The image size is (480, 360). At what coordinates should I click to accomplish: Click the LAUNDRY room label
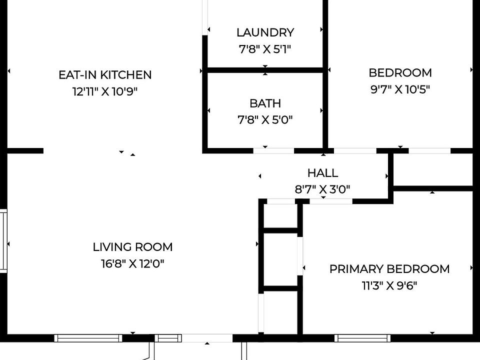pyautogui.click(x=265, y=32)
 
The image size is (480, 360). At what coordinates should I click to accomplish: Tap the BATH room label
pyautogui.click(x=265, y=103)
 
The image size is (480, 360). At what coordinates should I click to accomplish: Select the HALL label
pyautogui.click(x=322, y=173)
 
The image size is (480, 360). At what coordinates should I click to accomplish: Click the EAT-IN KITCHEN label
pyautogui.click(x=105, y=75)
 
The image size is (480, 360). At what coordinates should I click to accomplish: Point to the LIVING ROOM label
pyautogui.click(x=132, y=247)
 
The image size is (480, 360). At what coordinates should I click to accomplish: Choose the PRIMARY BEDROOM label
pyautogui.click(x=389, y=269)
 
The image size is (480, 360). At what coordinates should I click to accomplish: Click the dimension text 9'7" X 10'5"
pyautogui.click(x=400, y=89)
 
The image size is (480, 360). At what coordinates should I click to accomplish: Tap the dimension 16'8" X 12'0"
pyautogui.click(x=132, y=263)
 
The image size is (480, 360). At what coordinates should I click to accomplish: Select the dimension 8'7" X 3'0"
pyautogui.click(x=322, y=189)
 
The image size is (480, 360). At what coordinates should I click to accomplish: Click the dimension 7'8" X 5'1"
pyautogui.click(x=265, y=49)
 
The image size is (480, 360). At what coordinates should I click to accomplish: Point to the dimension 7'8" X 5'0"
pyautogui.click(x=265, y=119)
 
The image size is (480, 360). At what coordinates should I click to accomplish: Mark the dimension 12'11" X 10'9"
pyautogui.click(x=105, y=91)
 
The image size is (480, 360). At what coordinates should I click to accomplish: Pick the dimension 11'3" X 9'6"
pyautogui.click(x=389, y=285)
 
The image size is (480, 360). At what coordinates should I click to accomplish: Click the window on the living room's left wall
pyautogui.click(x=3, y=241)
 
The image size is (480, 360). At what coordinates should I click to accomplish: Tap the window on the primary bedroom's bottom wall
pyautogui.click(x=362, y=338)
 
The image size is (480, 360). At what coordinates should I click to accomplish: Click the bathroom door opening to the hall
pyautogui.click(x=273, y=150)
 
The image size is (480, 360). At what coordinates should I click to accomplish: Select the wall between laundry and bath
pyautogui.click(x=265, y=70)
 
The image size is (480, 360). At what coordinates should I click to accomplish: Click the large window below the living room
pyautogui.click(x=88, y=338)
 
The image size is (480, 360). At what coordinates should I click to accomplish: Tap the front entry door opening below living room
pyautogui.click(x=207, y=338)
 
